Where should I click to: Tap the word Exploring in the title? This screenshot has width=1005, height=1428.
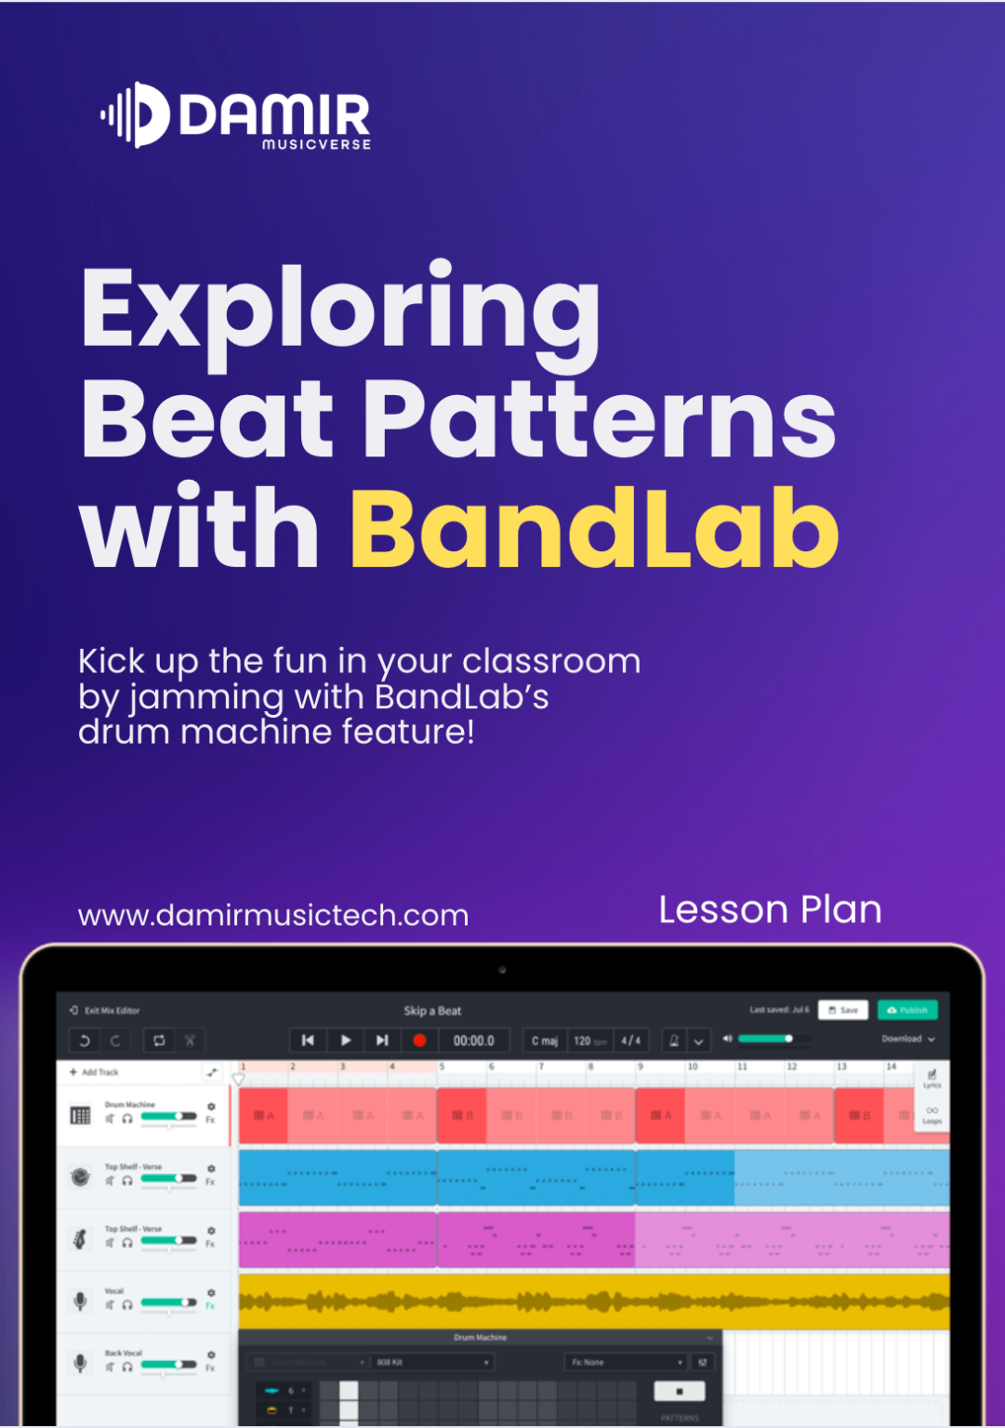[340, 309]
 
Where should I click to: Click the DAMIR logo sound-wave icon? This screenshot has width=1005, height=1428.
[136, 115]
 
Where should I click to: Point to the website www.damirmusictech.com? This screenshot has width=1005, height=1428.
[273, 916]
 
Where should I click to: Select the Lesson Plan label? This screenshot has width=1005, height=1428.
[770, 910]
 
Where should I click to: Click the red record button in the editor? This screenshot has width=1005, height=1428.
[419, 1040]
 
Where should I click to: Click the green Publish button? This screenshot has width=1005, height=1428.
[906, 1010]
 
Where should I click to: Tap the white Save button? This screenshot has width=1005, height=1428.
[843, 1010]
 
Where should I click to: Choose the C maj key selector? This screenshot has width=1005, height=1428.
[544, 1040]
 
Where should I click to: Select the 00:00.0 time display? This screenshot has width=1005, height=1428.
[473, 1040]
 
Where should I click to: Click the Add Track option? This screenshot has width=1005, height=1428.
[95, 1072]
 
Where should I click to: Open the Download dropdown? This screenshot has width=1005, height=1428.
[907, 1038]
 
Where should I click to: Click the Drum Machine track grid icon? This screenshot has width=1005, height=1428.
[81, 1115]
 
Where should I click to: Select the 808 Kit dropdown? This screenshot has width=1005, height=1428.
[431, 1362]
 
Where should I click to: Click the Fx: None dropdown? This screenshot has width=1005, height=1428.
[626, 1362]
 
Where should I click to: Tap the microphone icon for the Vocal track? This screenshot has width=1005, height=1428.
[81, 1301]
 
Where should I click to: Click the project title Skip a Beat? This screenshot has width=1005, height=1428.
[432, 1011]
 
